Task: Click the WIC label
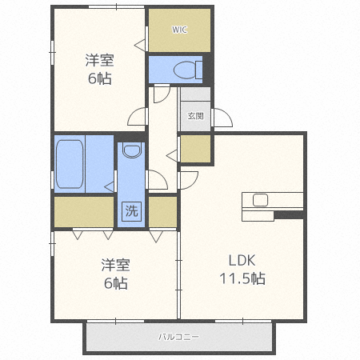pos(179,30)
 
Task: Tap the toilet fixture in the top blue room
pos(188,70)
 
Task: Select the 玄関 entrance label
pos(196,116)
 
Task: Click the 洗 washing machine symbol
pos(132,211)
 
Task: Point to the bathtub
pos(70,164)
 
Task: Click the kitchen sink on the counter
pos(260,200)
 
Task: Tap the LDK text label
pos(242,260)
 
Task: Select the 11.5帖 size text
pos(242,278)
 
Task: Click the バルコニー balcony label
pos(178,337)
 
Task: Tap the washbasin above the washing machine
pos(132,151)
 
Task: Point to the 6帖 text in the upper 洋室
pos(100,78)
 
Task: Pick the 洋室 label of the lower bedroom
pos(115,265)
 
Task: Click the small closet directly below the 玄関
pos(196,149)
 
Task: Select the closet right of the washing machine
pos(162,212)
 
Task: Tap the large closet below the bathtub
pos(84,212)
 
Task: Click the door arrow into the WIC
pos(140,45)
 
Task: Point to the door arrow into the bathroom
pos(109,186)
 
